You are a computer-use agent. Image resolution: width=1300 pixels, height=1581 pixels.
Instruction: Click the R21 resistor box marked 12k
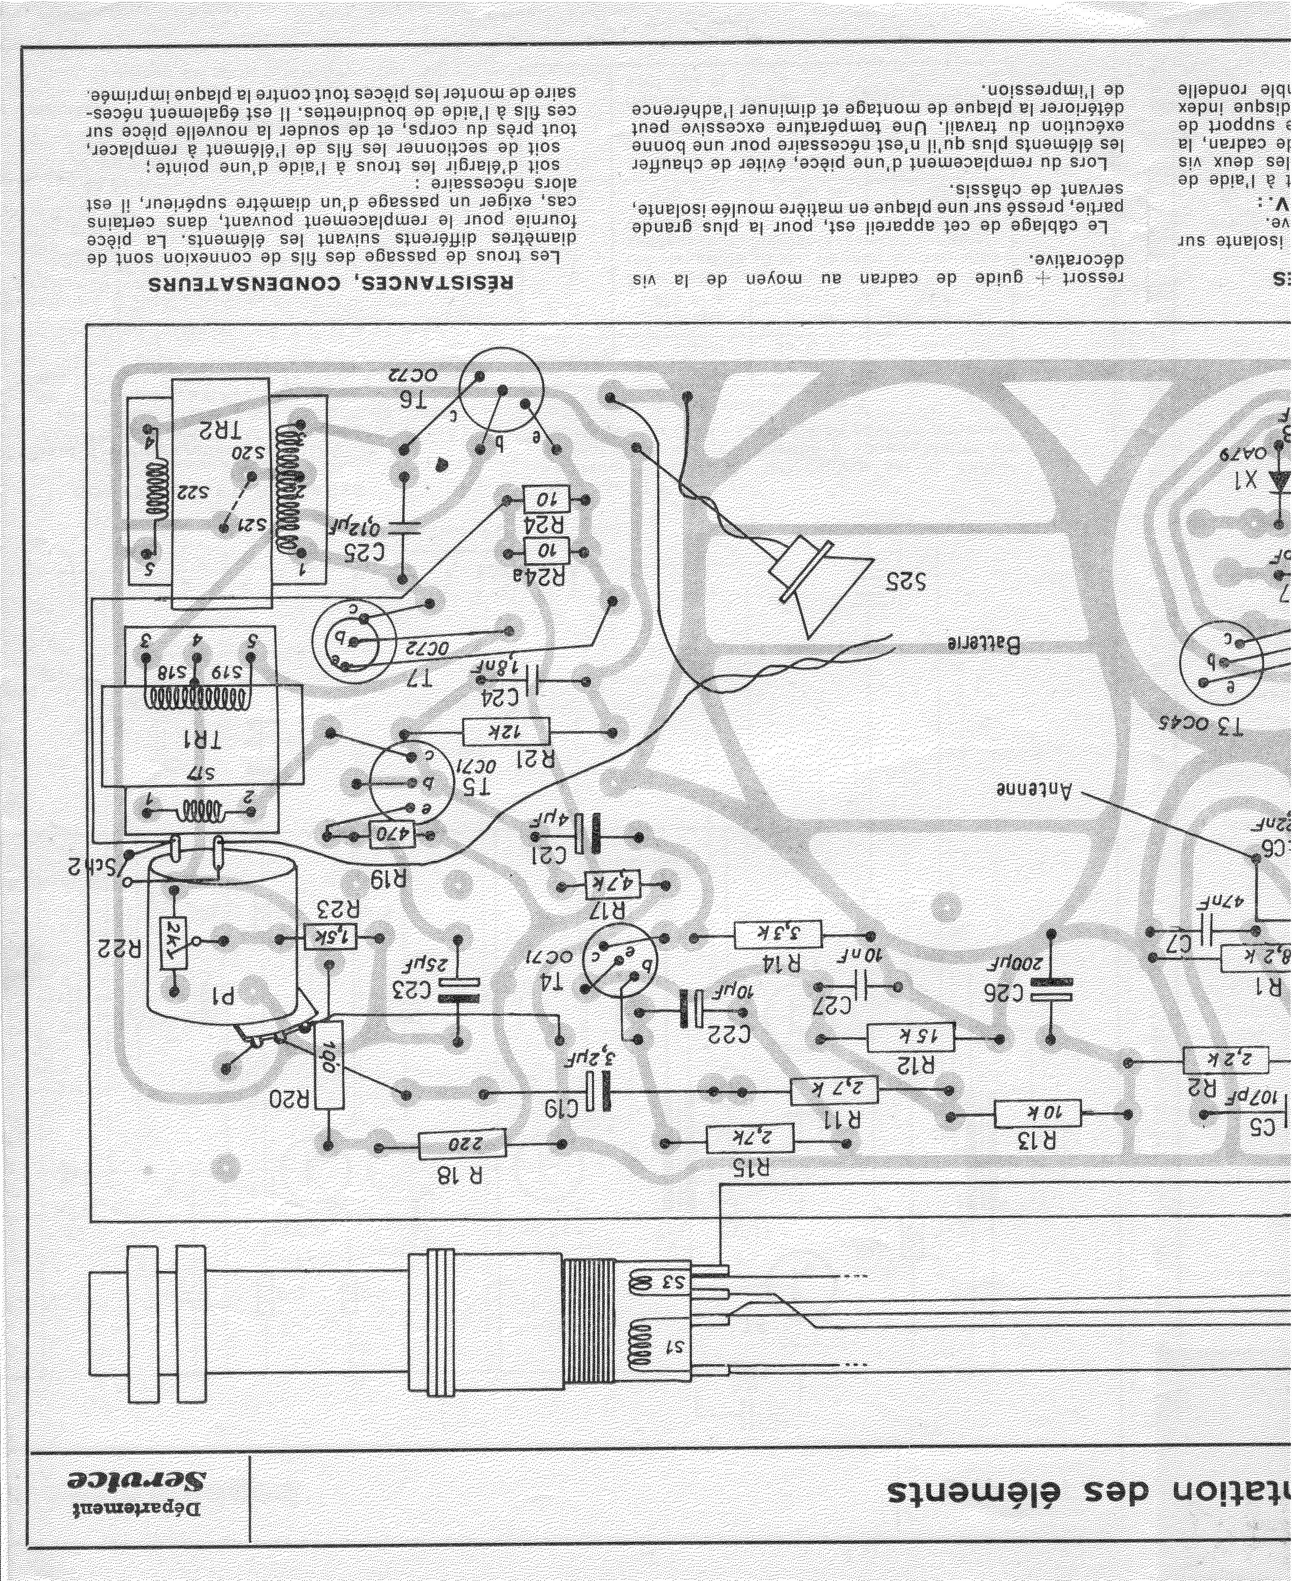[506, 732]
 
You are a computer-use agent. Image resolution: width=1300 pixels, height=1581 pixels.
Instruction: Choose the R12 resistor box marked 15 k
[911, 1039]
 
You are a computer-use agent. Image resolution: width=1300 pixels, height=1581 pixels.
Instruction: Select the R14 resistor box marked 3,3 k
[777, 935]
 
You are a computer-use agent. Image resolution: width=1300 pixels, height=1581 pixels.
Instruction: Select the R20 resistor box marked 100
[328, 1064]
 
